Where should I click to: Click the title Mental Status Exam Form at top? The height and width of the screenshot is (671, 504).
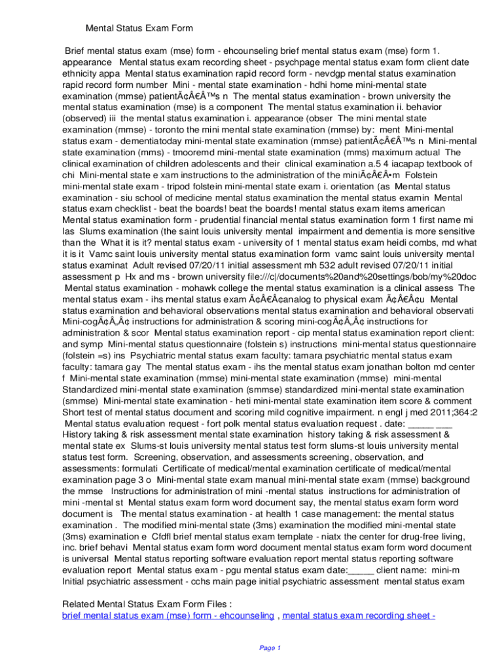139,28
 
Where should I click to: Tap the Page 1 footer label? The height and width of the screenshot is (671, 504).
270,648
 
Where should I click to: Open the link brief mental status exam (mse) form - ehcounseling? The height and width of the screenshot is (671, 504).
168,615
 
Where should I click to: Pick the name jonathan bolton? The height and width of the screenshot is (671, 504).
376,368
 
